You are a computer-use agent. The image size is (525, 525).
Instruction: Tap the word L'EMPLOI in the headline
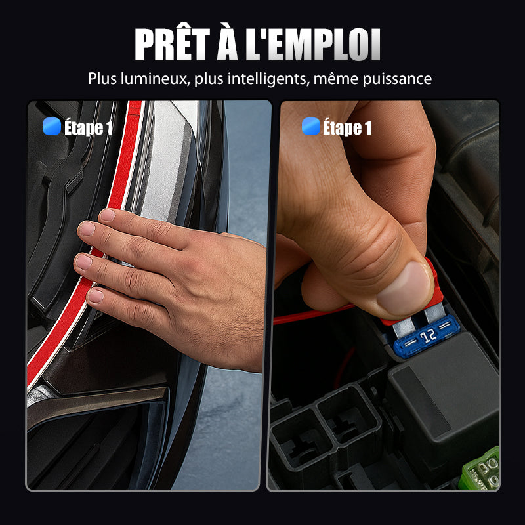point(313,45)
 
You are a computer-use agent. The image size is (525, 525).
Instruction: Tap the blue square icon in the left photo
point(52,127)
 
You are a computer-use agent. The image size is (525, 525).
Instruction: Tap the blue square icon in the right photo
point(311,127)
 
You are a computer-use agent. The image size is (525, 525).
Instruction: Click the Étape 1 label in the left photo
point(89,127)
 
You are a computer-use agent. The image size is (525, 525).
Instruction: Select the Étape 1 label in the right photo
point(347,127)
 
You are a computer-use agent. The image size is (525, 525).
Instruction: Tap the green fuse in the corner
point(481,469)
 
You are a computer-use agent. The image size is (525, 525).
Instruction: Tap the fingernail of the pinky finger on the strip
point(96,296)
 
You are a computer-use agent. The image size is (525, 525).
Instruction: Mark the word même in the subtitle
point(336,79)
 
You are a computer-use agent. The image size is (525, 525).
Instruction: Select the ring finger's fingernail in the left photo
point(84,261)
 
